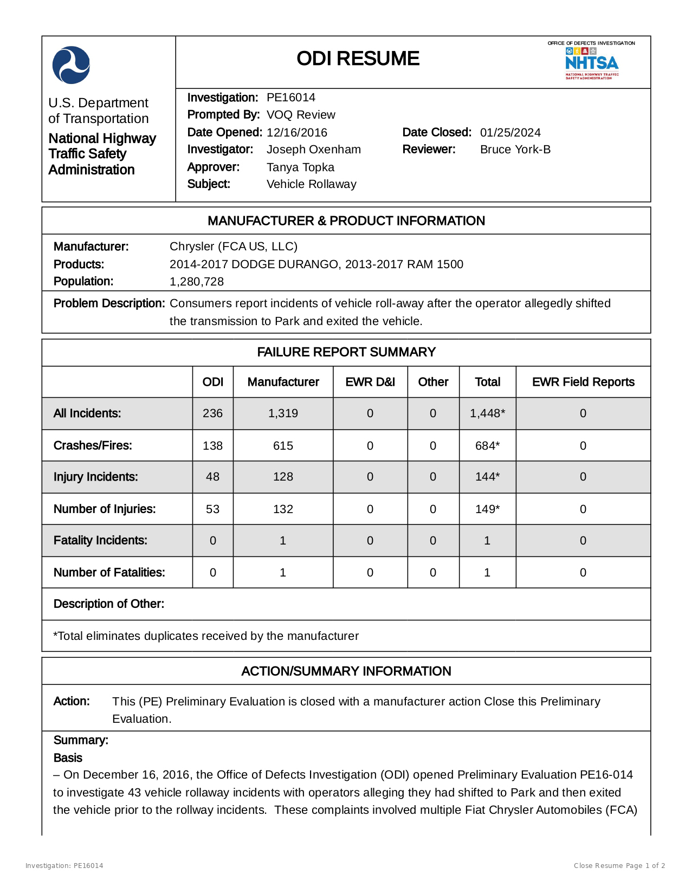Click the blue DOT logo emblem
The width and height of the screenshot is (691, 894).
[x=71, y=65]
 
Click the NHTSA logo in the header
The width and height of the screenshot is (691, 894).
[x=592, y=63]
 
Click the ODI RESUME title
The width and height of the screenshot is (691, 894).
[x=358, y=59]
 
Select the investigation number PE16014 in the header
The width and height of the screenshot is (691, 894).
[x=291, y=98]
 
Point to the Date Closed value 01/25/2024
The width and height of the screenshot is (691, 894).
[x=510, y=133]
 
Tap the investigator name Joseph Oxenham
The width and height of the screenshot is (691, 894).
[x=313, y=150]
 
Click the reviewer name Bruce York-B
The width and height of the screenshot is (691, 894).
[x=515, y=150]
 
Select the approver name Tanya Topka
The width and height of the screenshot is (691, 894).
[x=300, y=167]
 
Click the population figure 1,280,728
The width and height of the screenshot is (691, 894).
[x=197, y=282]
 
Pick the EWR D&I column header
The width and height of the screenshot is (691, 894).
[x=370, y=382]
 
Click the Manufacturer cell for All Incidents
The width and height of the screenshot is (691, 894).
[x=283, y=413]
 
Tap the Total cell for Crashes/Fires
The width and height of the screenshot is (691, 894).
[x=487, y=446]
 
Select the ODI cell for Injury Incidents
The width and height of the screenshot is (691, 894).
[x=212, y=477]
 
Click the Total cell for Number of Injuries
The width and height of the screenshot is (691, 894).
[x=487, y=509]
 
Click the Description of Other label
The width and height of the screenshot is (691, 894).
[x=108, y=604]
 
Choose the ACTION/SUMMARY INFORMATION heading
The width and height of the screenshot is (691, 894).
[x=346, y=671]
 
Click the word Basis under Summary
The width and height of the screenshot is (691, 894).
[x=68, y=758]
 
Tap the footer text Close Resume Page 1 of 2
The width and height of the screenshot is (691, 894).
[x=619, y=866]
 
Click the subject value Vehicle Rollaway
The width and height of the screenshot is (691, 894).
[x=311, y=184]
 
